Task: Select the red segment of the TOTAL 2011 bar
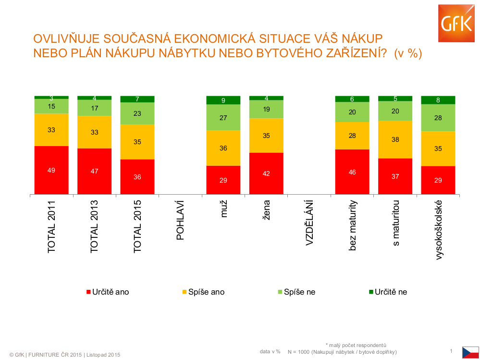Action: pos(51,170)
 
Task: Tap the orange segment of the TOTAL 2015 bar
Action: pos(137,142)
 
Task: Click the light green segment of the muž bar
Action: pos(223,117)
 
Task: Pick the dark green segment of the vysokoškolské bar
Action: pos(438,100)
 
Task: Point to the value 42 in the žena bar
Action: pos(266,174)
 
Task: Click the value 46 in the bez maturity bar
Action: pos(352,172)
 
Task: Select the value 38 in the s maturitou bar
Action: pos(395,139)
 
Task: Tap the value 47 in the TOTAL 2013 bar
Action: pos(95,171)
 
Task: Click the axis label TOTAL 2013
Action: pos(95,227)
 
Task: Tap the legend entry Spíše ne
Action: pos(299,292)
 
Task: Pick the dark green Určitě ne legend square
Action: pos(370,292)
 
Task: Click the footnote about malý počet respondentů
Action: pos(356,344)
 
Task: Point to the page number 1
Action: pos(451,351)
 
